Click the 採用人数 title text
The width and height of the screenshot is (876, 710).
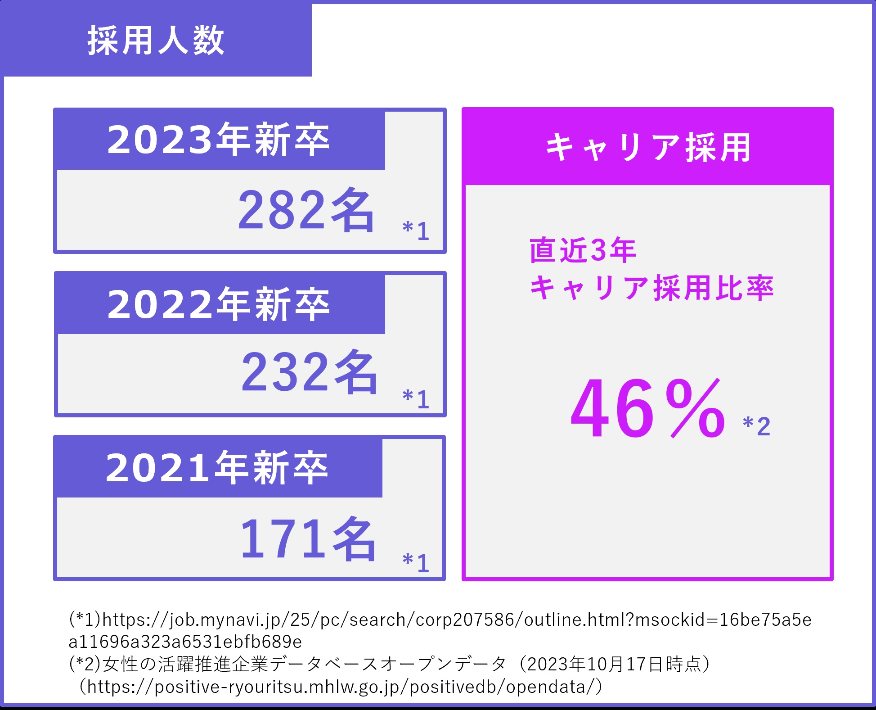pyautogui.click(x=156, y=41)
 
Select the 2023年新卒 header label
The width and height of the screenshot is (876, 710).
pyautogui.click(x=219, y=140)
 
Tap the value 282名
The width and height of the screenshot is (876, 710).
pyautogui.click(x=306, y=211)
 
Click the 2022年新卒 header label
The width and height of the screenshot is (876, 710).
pyautogui.click(x=219, y=304)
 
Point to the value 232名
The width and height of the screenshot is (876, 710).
pyautogui.click(x=310, y=373)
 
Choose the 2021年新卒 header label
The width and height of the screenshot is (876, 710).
pyautogui.click(x=217, y=468)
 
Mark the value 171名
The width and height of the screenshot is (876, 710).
pyautogui.click(x=308, y=539)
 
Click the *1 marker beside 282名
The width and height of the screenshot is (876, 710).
pyautogui.click(x=416, y=231)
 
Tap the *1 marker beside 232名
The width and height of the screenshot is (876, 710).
pyautogui.click(x=416, y=398)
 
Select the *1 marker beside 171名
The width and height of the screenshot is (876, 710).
pyautogui.click(x=416, y=562)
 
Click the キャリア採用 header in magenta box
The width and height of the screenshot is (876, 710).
pyautogui.click(x=648, y=147)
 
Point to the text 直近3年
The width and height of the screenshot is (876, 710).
pyautogui.click(x=583, y=250)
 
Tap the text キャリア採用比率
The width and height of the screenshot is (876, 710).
pyautogui.click(x=651, y=288)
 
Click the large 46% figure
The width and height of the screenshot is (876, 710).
pyautogui.click(x=648, y=409)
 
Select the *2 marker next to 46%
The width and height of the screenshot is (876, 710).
pyautogui.click(x=757, y=425)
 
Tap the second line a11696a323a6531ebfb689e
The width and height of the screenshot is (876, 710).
pyautogui.click(x=185, y=642)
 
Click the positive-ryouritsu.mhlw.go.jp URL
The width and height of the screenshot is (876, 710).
pyautogui.click(x=342, y=687)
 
